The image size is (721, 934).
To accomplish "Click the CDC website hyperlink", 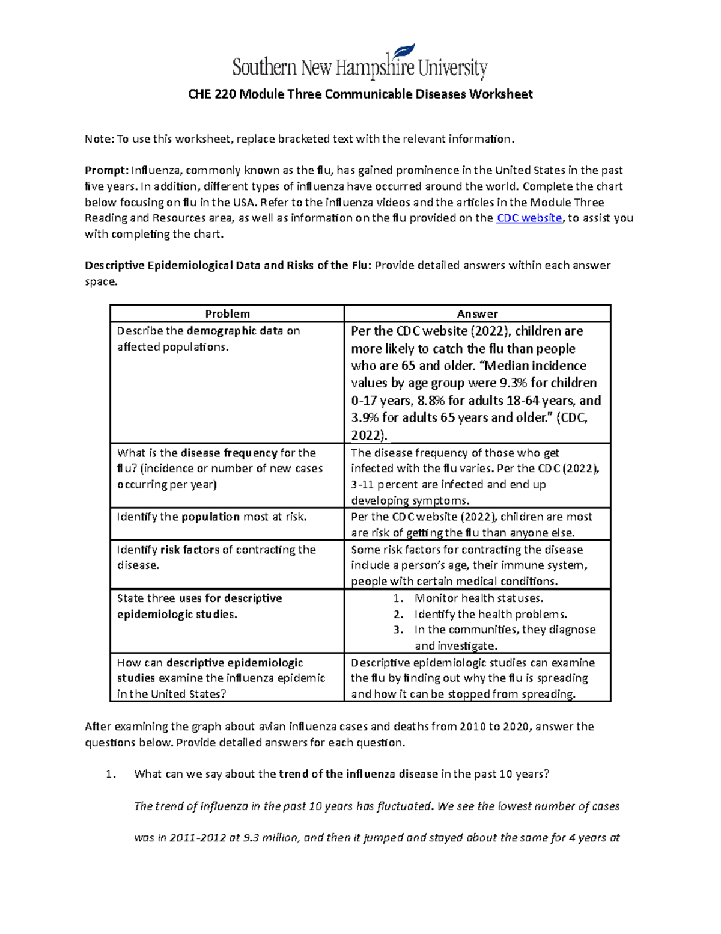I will pyautogui.click(x=529, y=218).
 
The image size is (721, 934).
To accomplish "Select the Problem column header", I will pyautogui.click(x=227, y=313).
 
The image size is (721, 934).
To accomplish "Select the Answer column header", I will pyautogui.click(x=477, y=313).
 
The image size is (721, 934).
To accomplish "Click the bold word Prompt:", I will pyautogui.click(x=106, y=171).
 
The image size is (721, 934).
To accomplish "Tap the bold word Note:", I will pyautogui.click(x=99, y=139).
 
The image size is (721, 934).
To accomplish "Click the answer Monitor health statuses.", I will pyautogui.click(x=479, y=598).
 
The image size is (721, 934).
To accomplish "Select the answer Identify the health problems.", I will pyautogui.click(x=490, y=614).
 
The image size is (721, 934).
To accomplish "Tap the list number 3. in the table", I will pyautogui.click(x=398, y=630).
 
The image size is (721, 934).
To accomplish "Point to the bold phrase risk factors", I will pyautogui.click(x=190, y=550).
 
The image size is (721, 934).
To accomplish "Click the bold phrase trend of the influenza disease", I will pyautogui.click(x=359, y=775).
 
